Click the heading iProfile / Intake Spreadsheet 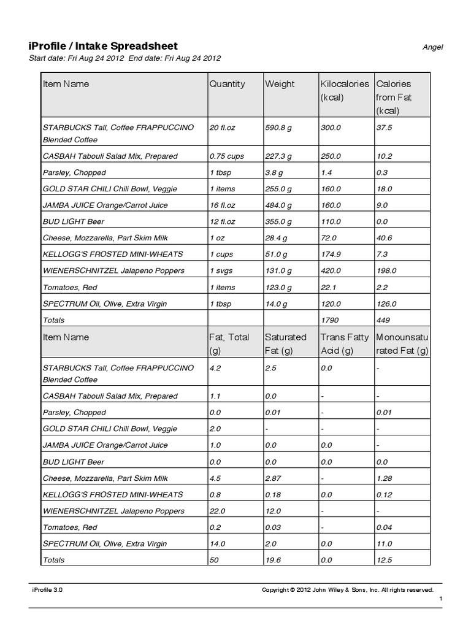coord(103,46)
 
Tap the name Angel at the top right coord(433,47)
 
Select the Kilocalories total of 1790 coord(330,320)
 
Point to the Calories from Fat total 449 coord(384,320)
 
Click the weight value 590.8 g coord(279,128)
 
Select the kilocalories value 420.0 coord(331,271)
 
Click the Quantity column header coord(227,84)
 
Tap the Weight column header coord(280,84)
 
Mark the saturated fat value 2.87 coord(274,478)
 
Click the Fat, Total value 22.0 coord(218,511)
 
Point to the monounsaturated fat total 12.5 coord(384,560)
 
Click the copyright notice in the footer coord(347,589)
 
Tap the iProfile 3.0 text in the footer coord(47,589)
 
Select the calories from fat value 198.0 coord(386,271)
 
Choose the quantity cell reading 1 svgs coord(222,271)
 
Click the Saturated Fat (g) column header coord(285,344)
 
